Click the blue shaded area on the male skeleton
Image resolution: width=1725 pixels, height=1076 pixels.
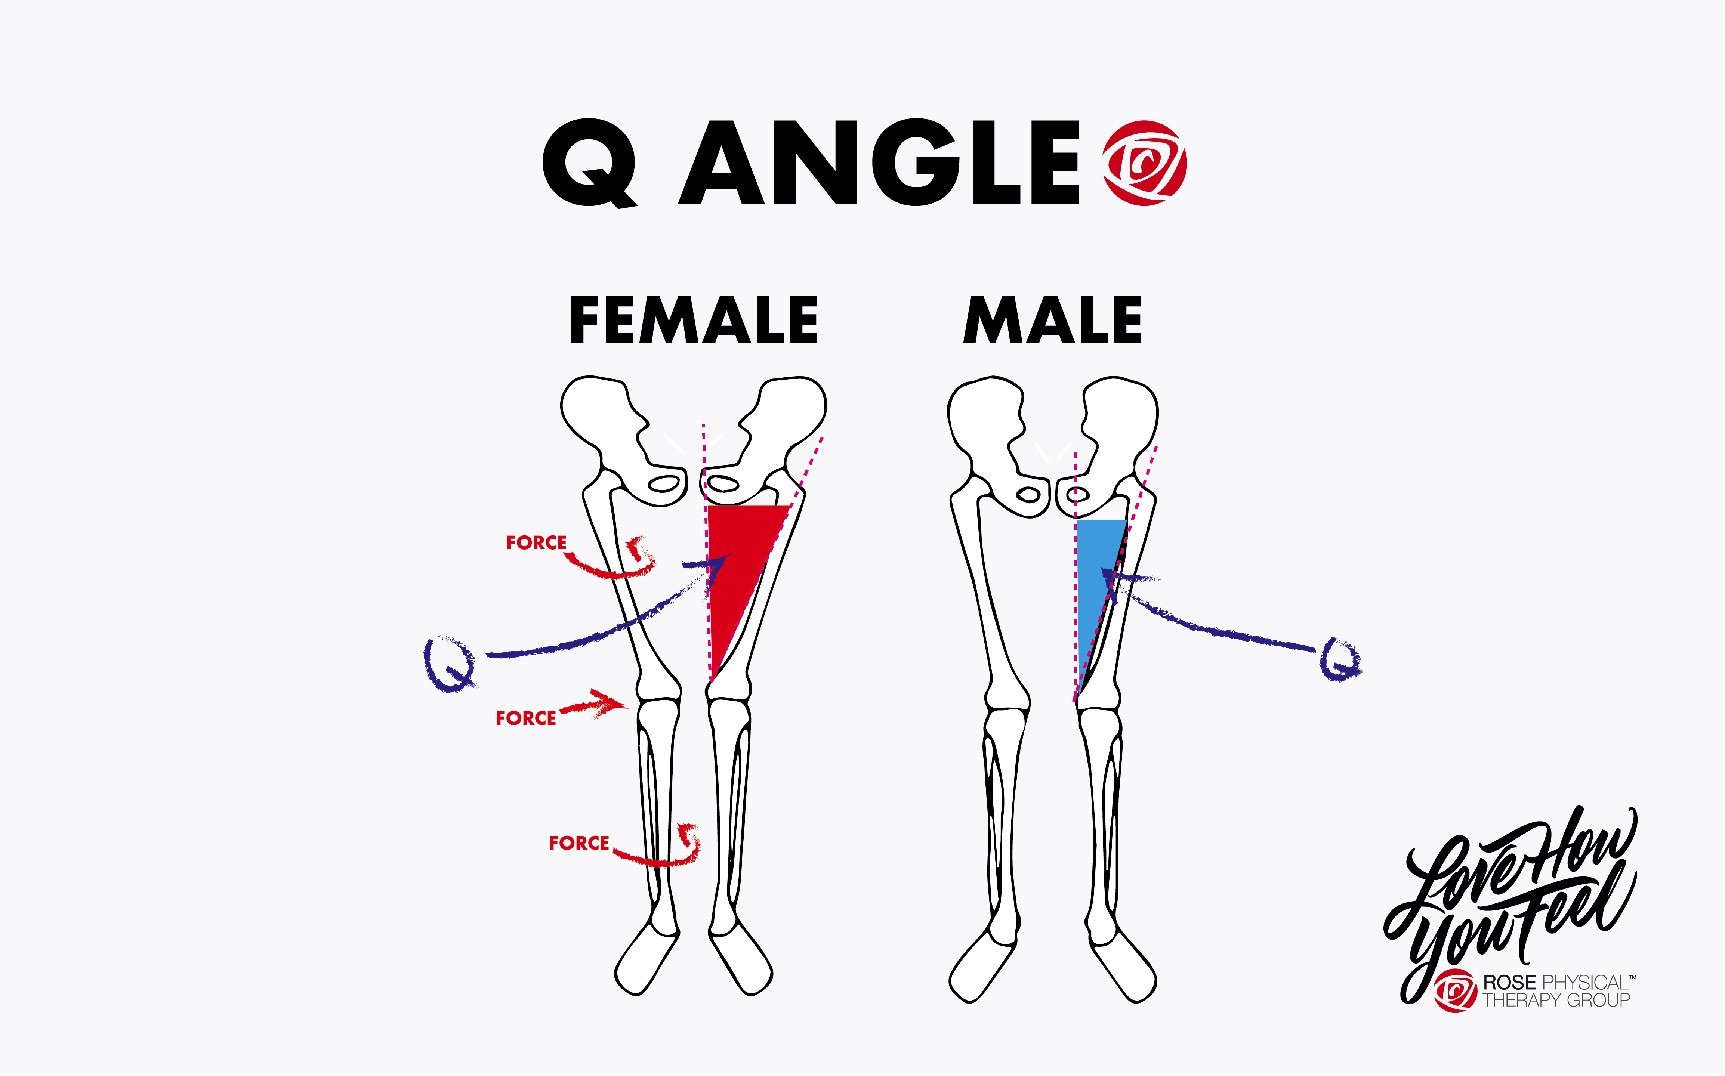coord(1092,591)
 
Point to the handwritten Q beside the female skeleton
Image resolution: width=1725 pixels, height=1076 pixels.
coord(450,664)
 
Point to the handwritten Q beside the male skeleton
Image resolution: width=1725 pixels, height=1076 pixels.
coord(1340,661)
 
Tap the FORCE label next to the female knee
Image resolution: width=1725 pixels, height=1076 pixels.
coord(526,718)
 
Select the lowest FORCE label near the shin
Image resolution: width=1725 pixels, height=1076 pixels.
coord(578,843)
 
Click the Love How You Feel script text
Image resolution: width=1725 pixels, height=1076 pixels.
coord(1509,897)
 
